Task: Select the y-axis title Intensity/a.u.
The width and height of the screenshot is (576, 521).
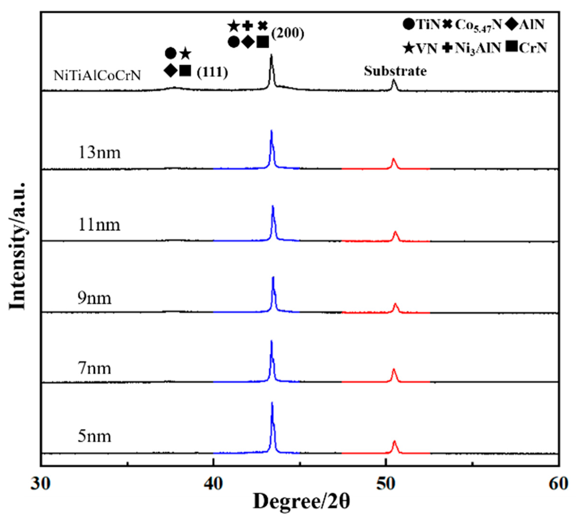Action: point(18,246)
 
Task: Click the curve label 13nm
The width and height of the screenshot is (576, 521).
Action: point(99,153)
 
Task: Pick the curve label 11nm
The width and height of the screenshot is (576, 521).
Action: point(99,225)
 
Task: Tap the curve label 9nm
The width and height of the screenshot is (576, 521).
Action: point(94,298)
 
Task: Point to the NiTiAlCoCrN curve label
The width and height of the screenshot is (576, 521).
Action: point(97,76)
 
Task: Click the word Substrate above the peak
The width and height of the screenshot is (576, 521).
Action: point(395,71)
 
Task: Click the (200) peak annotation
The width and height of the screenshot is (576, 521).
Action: point(288,34)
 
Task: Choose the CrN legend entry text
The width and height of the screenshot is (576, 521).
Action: point(533,48)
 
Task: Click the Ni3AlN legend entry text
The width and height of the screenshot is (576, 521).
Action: point(478,48)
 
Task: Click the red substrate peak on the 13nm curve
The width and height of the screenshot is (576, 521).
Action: point(393,159)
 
